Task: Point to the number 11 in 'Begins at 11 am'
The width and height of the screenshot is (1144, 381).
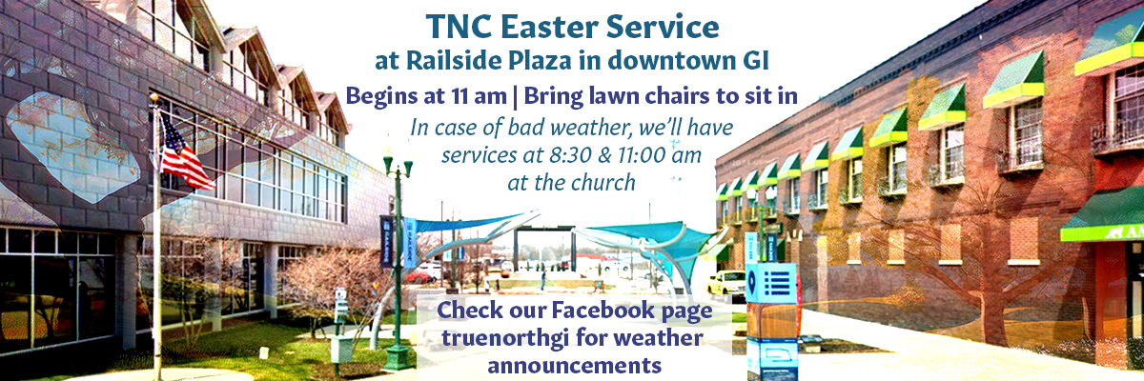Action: (460, 96)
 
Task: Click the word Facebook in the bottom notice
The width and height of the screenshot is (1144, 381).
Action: (603, 310)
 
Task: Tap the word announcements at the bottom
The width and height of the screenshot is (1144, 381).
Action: (575, 365)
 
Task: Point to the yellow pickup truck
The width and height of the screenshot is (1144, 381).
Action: (726, 284)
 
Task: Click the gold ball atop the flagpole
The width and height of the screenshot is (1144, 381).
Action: (153, 97)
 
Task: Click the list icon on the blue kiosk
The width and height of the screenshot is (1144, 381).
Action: (777, 283)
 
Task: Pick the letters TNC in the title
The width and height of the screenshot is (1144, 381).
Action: (456, 27)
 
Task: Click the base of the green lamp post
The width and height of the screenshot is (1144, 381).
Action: (398, 357)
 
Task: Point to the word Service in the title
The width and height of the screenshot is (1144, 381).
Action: (663, 27)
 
